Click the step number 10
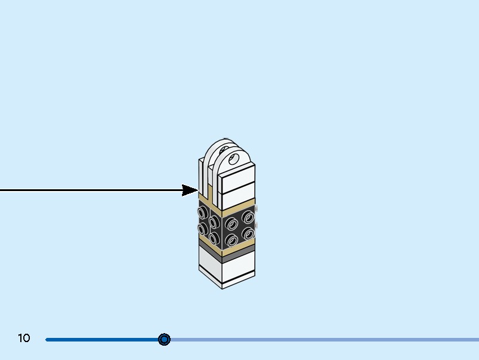pyautogui.click(x=24, y=339)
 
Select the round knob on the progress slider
pyautogui.click(x=164, y=340)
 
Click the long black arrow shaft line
pyautogui.click(x=89, y=190)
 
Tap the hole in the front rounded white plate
pyautogui.click(x=234, y=159)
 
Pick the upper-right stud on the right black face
pyautogui.click(x=248, y=216)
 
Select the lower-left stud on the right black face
pyautogui.click(x=232, y=241)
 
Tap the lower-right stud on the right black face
pyautogui.click(x=248, y=233)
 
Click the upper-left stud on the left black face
pyautogui.click(x=203, y=212)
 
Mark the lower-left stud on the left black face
pyautogui.click(x=203, y=229)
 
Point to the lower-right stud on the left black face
pyautogui.click(x=214, y=239)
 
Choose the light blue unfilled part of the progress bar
pyautogui.click(x=322, y=340)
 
